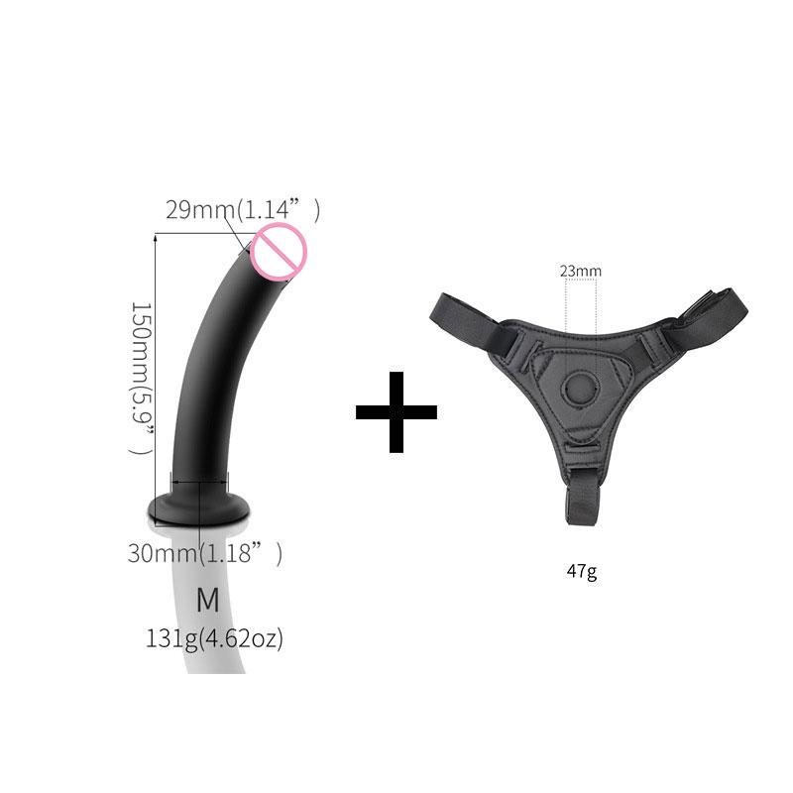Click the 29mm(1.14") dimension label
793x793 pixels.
[243, 210]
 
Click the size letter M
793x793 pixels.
[207, 600]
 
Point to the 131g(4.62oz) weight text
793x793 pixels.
[214, 639]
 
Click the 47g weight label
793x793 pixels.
[581, 572]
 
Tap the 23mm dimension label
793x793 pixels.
[580, 271]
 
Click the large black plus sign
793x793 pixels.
[396, 411]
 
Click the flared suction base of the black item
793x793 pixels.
[198, 508]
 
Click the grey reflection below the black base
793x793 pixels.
[213, 615]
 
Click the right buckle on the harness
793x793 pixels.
[650, 342]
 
